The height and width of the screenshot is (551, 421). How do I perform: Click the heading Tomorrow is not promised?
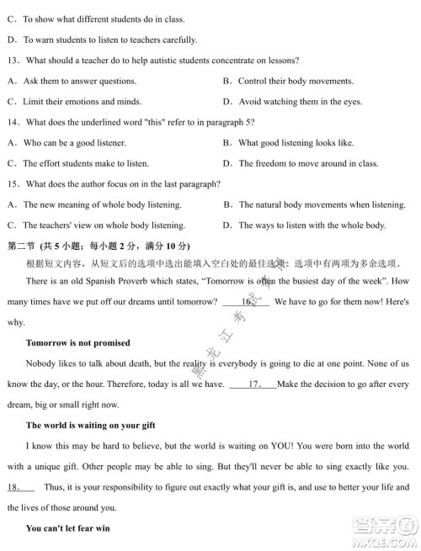77,342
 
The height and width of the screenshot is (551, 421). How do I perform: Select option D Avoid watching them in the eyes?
295,102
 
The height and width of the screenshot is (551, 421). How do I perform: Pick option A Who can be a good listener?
69,143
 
